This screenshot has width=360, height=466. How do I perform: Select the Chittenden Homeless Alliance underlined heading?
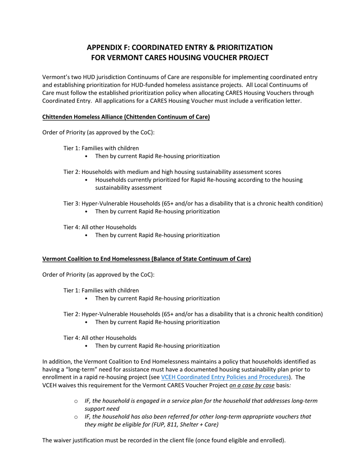pyautogui.click(x=126, y=117)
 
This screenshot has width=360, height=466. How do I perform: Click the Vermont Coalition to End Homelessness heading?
pyautogui.click(x=146, y=259)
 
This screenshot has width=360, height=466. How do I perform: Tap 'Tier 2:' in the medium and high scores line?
pyautogui.click(x=72, y=172)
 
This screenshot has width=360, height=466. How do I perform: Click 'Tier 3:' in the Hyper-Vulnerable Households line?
pyautogui.click(x=72, y=203)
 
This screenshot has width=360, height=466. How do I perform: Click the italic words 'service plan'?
pyautogui.click(x=175, y=401)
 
